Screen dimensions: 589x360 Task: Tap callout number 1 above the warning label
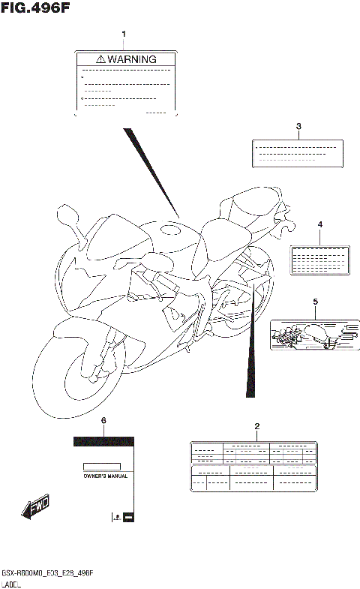pos(124,34)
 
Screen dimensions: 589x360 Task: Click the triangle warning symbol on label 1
pos(100,59)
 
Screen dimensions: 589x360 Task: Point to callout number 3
pos(298,126)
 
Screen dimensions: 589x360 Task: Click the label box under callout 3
pos(297,152)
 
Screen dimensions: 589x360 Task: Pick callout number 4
pos(319,224)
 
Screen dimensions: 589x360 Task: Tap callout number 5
pos(315,302)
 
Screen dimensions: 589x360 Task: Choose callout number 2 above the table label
pos(256,426)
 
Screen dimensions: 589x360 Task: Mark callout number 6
pos(103,421)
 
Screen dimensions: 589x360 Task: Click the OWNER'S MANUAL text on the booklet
pos(104,476)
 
